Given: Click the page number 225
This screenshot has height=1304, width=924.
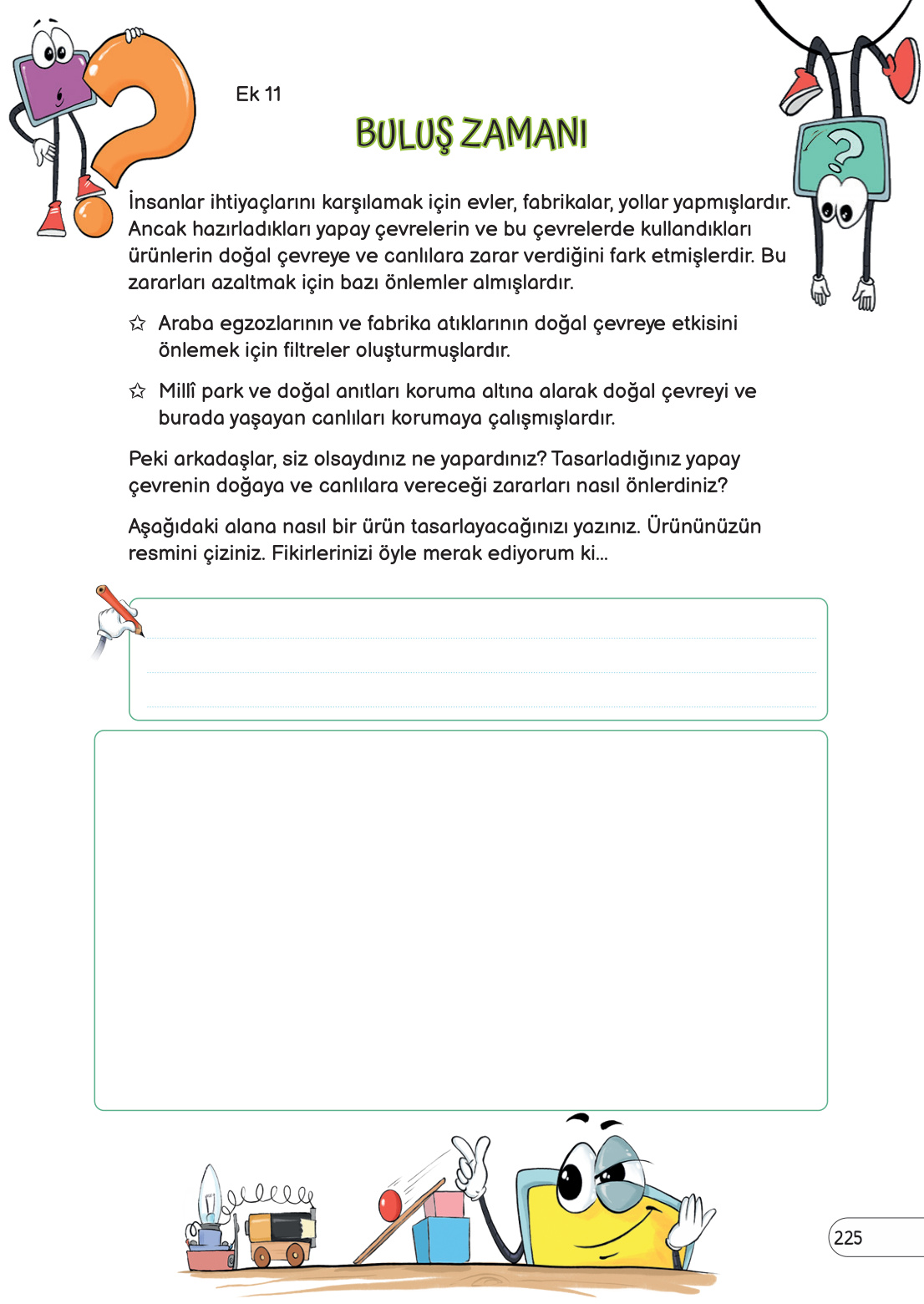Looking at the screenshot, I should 848,1238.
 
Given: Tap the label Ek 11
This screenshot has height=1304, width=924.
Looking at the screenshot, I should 258,94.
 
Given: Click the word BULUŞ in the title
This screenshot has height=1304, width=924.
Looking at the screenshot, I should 404,135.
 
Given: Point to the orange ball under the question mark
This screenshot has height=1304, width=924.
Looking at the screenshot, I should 93,216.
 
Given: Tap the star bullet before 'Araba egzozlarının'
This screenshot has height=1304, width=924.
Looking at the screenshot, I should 138,323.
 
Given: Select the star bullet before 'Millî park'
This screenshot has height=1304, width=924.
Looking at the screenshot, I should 138,391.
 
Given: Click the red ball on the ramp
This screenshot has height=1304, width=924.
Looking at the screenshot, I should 390,1205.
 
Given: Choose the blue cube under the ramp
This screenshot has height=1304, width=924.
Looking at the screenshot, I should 441,1240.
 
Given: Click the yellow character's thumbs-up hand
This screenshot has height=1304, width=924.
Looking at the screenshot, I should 472,1166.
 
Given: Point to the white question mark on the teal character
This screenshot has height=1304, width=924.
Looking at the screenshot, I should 845,150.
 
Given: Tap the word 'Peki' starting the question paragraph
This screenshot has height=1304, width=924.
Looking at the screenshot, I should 148,459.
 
